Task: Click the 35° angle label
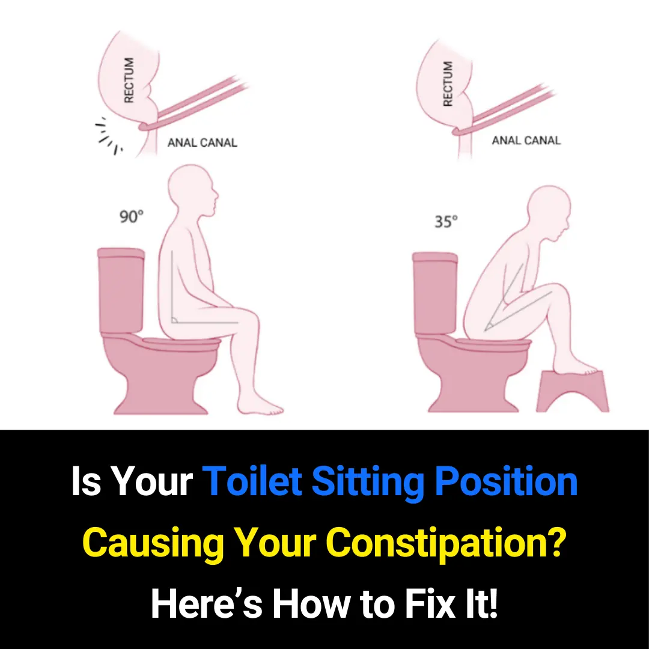(x=446, y=221)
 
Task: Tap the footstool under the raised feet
(x=572, y=391)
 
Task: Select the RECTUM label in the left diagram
(x=129, y=80)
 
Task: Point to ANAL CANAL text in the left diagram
(x=202, y=143)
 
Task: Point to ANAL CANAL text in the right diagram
(x=526, y=141)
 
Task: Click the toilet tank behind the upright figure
(x=121, y=291)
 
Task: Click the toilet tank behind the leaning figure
(x=435, y=294)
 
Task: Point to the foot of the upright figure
(x=267, y=409)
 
